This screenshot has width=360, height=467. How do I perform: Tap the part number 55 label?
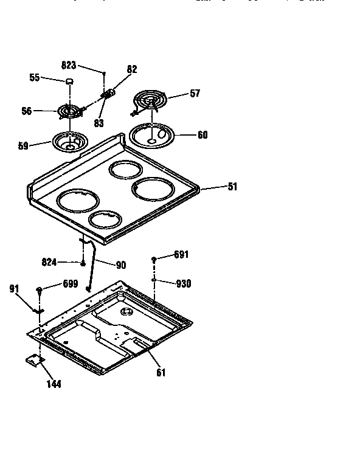pyautogui.click(x=35, y=77)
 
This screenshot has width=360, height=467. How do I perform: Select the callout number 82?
pyautogui.click(x=132, y=70)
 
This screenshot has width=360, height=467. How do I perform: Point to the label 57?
pyautogui.click(x=195, y=94)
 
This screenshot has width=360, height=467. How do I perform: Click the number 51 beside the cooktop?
pyautogui.click(x=232, y=187)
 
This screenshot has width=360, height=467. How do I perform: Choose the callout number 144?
pyautogui.click(x=53, y=384)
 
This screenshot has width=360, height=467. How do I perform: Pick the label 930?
pyautogui.click(x=183, y=283)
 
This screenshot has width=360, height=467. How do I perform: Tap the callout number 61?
pyautogui.click(x=160, y=372)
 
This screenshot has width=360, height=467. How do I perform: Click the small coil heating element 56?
pyautogui.click(x=71, y=112)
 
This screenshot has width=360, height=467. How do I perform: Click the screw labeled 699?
pyautogui.click(x=40, y=290)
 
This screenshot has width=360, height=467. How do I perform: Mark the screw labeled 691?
pyautogui.click(x=154, y=260)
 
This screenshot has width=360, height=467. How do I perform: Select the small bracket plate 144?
pyautogui.click(x=35, y=361)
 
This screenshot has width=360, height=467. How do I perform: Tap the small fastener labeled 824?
pyautogui.click(x=82, y=263)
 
